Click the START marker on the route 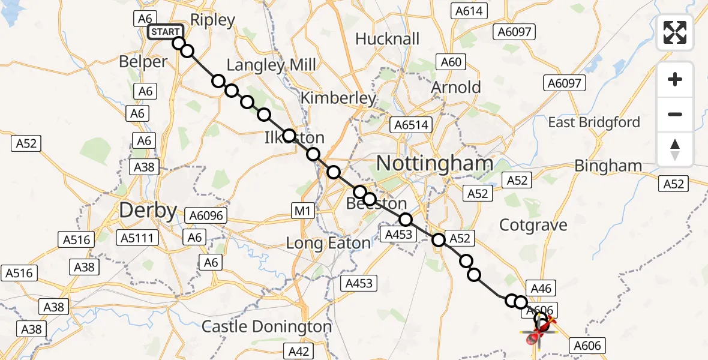[164, 32]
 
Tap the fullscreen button [675, 32]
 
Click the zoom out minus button [675, 114]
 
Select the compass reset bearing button [675, 149]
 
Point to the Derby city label [148, 211]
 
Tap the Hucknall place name [387, 39]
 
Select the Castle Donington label [266, 327]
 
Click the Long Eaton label [328, 243]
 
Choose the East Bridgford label [594, 122]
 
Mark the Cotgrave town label [534, 225]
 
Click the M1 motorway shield [302, 211]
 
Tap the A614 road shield [469, 11]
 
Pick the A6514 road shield [411, 125]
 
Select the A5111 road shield [139, 238]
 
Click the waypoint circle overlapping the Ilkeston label [289, 136]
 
